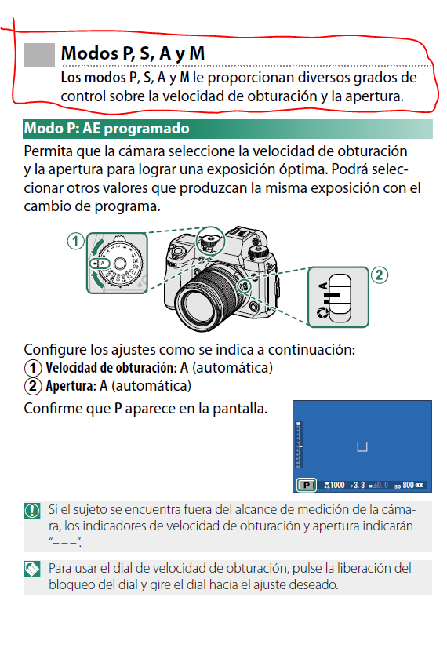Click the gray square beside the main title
click(x=39, y=55)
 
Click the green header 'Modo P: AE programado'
click(x=107, y=129)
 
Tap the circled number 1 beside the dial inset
click(x=75, y=242)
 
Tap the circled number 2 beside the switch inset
click(x=379, y=275)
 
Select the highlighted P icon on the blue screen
click(x=306, y=485)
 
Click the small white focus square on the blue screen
click(x=362, y=446)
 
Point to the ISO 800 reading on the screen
click(x=408, y=485)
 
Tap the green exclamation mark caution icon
click(x=32, y=510)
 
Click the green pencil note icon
click(x=32, y=570)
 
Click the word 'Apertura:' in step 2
click(x=71, y=386)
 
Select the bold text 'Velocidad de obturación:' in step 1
click(x=111, y=367)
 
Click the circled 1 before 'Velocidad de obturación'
click(x=33, y=368)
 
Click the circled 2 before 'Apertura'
click(x=33, y=386)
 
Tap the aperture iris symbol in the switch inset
click(x=323, y=313)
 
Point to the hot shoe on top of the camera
click(x=240, y=232)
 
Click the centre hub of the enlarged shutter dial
click(x=119, y=264)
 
